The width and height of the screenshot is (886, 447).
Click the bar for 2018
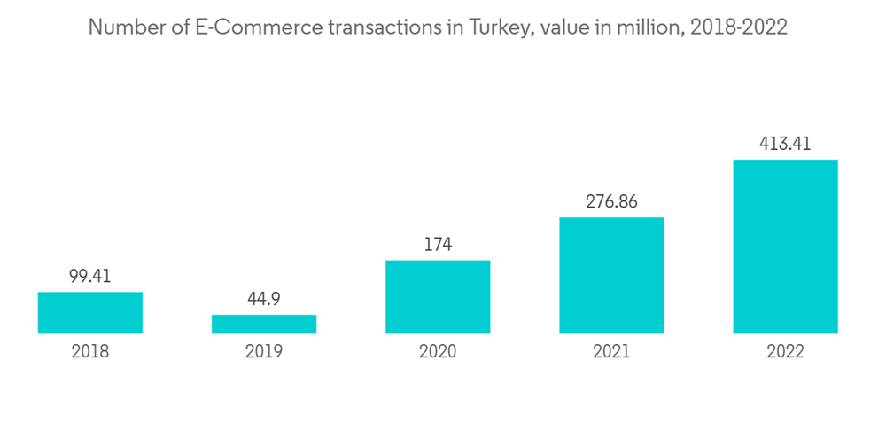coord(90,312)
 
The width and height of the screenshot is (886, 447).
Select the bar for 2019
coord(264,324)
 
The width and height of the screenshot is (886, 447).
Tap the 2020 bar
coord(438,296)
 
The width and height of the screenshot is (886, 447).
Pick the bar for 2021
coord(611,275)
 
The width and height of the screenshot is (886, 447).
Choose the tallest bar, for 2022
coord(785,247)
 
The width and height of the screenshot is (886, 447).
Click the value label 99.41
coord(90,277)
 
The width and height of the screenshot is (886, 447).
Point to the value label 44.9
coord(264,300)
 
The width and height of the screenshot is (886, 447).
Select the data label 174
coord(438,245)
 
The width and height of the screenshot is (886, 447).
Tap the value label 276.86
coord(611,202)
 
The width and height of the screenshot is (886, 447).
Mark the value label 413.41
coord(785,144)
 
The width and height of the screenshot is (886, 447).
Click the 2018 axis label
coord(90,352)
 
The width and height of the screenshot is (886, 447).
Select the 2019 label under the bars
coord(264,352)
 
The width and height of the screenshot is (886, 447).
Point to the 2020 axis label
coord(438,352)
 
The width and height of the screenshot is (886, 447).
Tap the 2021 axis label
coord(611,352)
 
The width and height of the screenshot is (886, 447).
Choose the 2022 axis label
coord(785,352)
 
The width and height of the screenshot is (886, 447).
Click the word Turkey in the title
coord(501,27)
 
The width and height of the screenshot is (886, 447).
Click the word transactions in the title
coord(385,27)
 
